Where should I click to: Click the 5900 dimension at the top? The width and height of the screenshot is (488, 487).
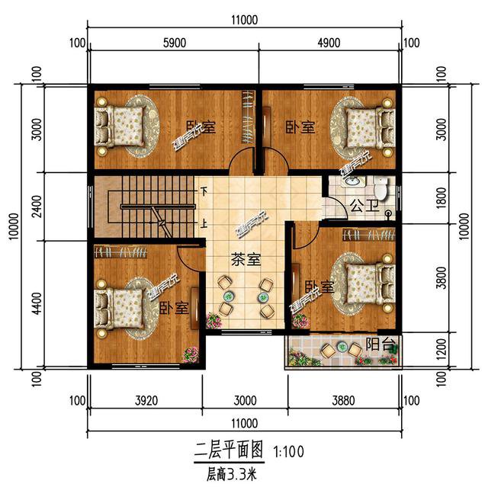pyautogui.click(x=175, y=43)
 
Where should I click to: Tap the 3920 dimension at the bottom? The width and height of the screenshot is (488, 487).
pyautogui.click(x=146, y=399)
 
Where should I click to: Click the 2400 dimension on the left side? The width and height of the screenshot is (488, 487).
pyautogui.click(x=36, y=204)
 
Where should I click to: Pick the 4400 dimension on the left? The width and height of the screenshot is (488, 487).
pyautogui.click(x=36, y=302)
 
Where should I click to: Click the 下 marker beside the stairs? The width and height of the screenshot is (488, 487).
pyautogui.click(x=204, y=191)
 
